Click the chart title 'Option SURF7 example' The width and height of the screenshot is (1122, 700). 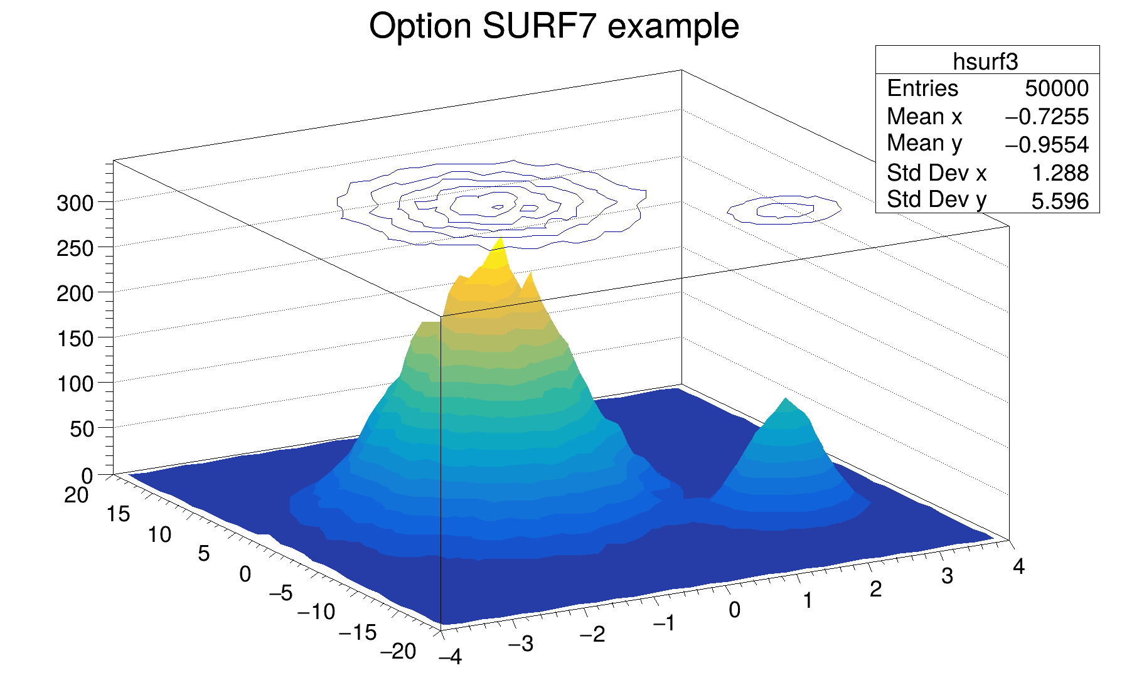(x=554, y=27)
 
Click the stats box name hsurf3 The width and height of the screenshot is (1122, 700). (x=985, y=61)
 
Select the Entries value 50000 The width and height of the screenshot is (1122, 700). (x=1057, y=88)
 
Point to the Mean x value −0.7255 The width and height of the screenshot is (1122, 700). (x=1047, y=117)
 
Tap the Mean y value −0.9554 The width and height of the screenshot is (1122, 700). (x=1047, y=145)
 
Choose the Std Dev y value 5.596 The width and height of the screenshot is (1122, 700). (x=1060, y=201)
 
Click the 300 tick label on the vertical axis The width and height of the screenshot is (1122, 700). (x=75, y=203)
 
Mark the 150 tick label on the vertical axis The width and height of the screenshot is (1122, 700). (x=75, y=339)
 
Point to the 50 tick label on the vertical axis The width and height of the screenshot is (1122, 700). (x=82, y=430)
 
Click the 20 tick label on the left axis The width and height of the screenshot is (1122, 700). (x=76, y=496)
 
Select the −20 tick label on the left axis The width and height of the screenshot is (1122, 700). (x=398, y=652)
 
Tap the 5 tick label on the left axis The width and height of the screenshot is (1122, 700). (x=203, y=554)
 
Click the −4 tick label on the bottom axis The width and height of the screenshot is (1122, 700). (x=450, y=657)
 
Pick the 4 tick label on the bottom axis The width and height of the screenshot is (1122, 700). (x=1018, y=567)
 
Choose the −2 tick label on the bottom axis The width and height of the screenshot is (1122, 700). (x=592, y=635)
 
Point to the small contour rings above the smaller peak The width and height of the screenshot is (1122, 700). (x=784, y=209)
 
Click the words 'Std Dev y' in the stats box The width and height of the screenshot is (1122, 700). (x=936, y=200)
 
